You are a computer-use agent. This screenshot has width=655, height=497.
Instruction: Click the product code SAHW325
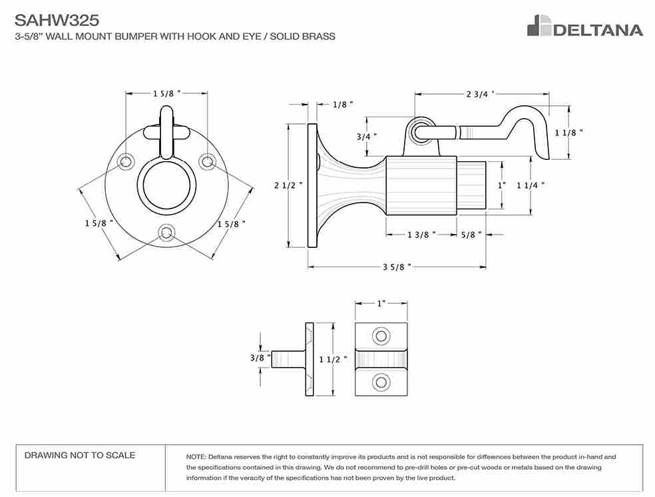[x=57, y=20]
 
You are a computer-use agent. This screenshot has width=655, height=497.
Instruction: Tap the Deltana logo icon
[x=539, y=25]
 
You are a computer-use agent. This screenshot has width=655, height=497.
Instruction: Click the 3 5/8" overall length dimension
[x=397, y=266]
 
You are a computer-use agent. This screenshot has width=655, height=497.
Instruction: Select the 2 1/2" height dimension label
[x=288, y=185]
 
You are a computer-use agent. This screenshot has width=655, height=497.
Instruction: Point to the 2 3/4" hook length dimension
[x=480, y=94]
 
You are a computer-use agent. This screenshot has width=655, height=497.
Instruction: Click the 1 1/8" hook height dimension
[x=568, y=133]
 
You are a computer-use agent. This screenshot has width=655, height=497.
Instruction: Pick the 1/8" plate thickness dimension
[x=343, y=105]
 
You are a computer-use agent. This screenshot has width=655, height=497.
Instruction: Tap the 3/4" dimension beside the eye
[x=366, y=137]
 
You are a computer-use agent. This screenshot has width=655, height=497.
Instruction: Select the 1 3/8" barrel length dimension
[x=421, y=235]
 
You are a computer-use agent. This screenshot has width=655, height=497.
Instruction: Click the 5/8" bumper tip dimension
[x=471, y=235]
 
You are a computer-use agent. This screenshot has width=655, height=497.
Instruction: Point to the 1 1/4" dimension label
[x=531, y=185]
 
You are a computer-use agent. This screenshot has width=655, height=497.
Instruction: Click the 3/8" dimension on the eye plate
[x=260, y=358]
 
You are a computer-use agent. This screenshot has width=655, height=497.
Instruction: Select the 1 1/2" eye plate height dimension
[x=333, y=359]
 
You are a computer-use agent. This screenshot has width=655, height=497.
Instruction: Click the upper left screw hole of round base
[x=125, y=162]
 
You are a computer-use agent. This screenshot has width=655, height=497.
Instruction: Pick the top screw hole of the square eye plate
[x=381, y=336]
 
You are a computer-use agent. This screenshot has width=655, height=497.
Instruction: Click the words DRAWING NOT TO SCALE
[x=80, y=455]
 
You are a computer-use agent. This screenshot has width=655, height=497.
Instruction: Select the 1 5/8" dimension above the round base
[x=166, y=93]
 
